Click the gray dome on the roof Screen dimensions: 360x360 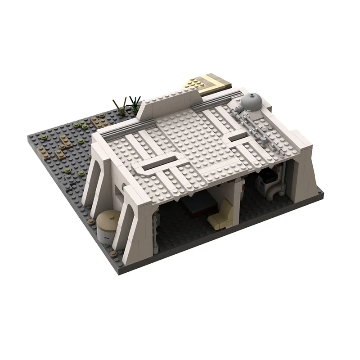(x=251, y=102)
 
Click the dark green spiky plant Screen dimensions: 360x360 (x=135, y=103)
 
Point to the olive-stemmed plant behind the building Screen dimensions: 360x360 (x=120, y=106)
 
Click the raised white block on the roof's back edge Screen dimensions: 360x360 (x=169, y=102)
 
